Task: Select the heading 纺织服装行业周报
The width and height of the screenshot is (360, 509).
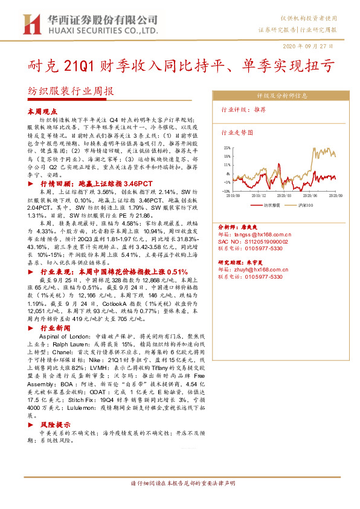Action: coord(71,92)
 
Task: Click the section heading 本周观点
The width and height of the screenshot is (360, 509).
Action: coord(42,112)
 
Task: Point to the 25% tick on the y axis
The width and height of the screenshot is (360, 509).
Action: coord(227,148)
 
